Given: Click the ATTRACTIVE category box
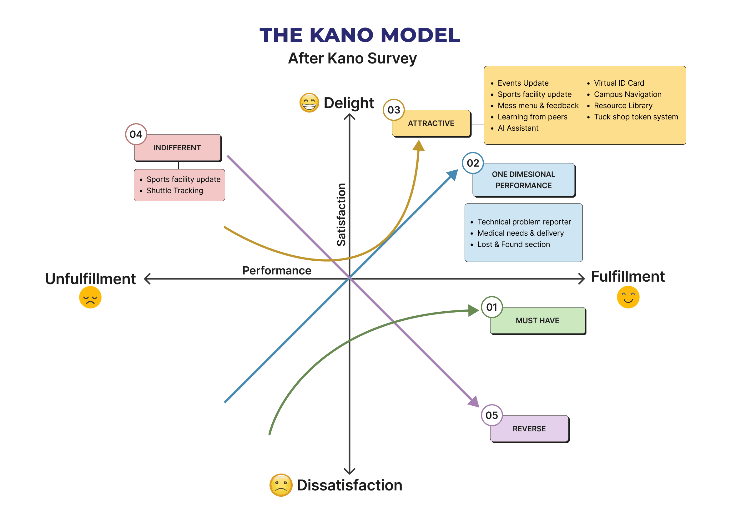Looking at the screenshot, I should click(x=431, y=123).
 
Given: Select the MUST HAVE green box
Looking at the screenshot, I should click(x=537, y=321).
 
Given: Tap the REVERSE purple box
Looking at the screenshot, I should click(x=529, y=429).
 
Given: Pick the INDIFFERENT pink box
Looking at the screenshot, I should click(x=177, y=148).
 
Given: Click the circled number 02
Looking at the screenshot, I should click(x=473, y=163).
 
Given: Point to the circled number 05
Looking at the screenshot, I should click(x=492, y=415).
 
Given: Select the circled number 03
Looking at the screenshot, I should click(x=394, y=110).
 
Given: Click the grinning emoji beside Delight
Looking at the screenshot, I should click(x=309, y=103).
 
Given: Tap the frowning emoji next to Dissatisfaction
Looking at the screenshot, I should click(x=281, y=485).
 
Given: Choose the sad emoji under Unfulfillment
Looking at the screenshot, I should click(x=90, y=297).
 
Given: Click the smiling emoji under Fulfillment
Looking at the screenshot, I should click(x=628, y=297).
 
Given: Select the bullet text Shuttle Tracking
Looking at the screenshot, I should click(x=175, y=191).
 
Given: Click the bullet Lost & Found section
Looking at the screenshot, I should click(x=514, y=244).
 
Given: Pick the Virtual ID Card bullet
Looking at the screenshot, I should click(x=619, y=83).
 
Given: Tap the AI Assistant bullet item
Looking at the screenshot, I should click(x=518, y=128).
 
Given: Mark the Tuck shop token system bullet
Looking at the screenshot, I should click(x=636, y=117).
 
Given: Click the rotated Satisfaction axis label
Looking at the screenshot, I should click(x=341, y=215).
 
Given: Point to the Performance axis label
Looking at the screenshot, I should click(x=277, y=271).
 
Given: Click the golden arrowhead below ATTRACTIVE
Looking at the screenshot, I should click(x=418, y=145).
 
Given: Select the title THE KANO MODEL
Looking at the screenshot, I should click(x=360, y=35).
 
